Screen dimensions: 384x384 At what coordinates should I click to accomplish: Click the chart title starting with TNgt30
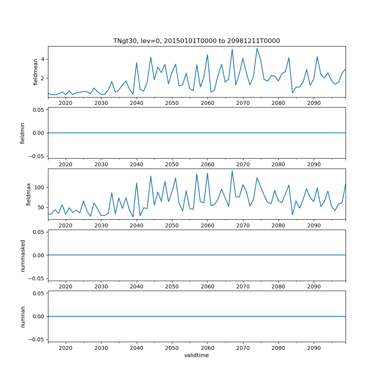196,41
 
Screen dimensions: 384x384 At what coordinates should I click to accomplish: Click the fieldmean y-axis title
36,71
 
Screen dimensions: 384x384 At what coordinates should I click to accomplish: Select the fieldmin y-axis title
23,133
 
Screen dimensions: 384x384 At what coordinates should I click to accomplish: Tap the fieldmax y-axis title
28,194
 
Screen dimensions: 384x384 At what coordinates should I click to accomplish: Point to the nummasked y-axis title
23,255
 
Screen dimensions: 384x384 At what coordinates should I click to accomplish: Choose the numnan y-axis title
23,316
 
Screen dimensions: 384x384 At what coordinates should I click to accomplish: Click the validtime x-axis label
196,356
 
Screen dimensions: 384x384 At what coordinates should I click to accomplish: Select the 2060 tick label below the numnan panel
207,348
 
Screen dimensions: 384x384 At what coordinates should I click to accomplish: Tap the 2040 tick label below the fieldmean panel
136,103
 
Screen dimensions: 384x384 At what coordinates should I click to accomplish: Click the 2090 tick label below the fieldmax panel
314,225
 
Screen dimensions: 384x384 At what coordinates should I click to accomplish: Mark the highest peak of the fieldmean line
257,48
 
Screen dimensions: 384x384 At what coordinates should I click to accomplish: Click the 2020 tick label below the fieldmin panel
66,164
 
